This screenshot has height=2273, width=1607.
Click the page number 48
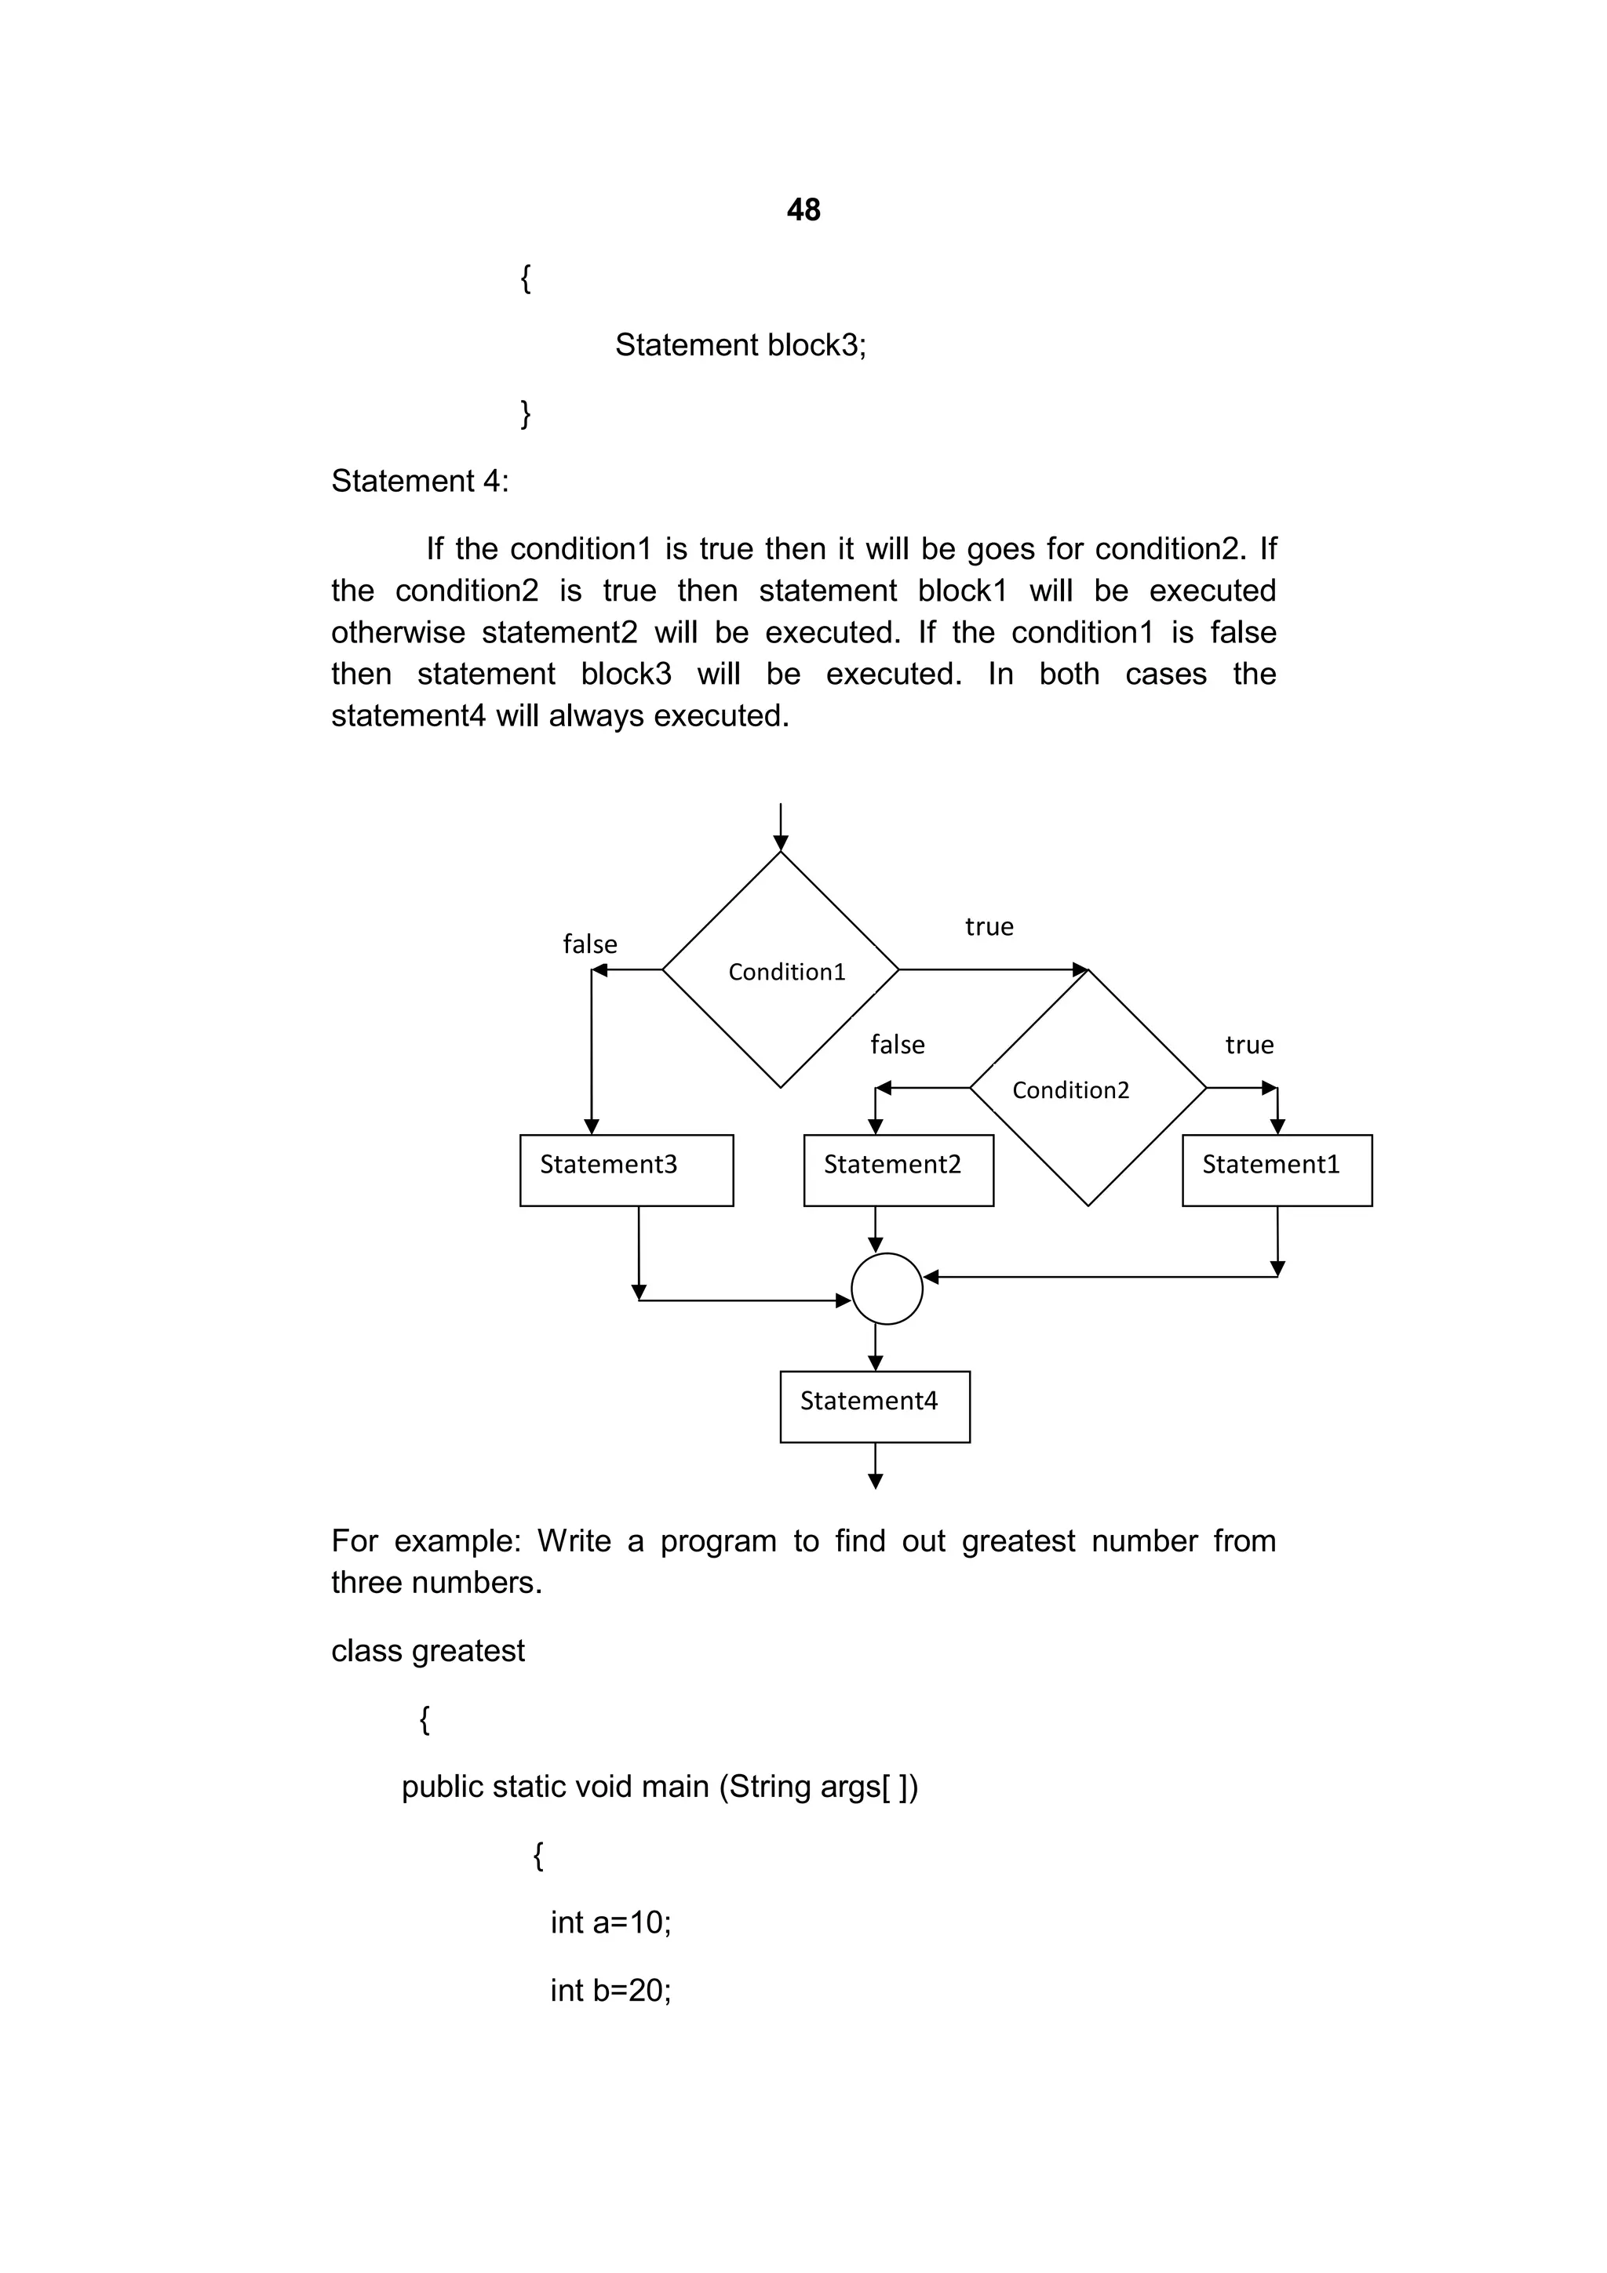803,210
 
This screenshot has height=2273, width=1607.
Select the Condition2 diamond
1088,1088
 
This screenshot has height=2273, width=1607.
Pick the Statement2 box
898,1169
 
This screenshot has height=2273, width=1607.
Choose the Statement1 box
1277,1169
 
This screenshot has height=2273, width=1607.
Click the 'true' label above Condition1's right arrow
989,926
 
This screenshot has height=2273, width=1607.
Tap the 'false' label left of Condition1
589,944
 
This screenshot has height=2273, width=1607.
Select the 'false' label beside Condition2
897,1045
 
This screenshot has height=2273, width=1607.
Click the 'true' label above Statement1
1248,1045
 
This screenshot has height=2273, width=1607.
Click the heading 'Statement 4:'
420,481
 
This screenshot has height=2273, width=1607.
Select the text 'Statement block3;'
740,344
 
